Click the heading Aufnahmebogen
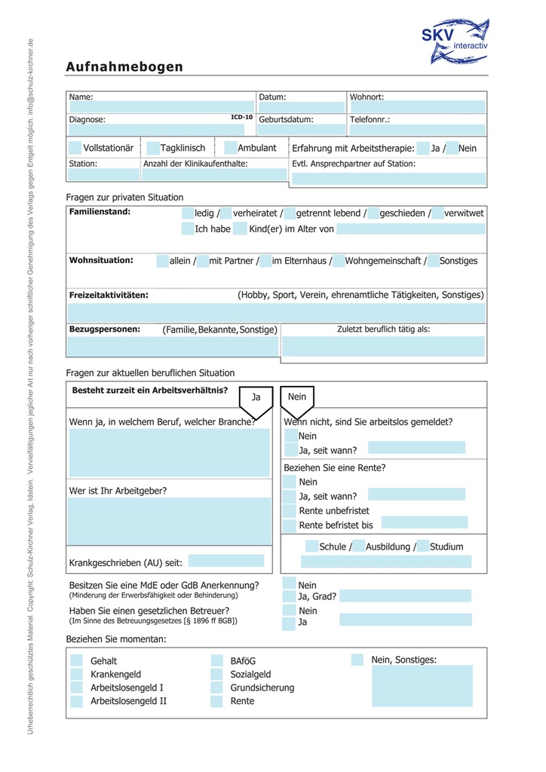[x=124, y=67]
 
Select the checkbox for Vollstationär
[x=75, y=148]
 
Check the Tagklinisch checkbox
[x=153, y=148]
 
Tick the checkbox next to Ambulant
[x=231, y=148]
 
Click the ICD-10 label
[x=241, y=118]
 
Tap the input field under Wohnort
[x=416, y=107]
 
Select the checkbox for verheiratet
[x=226, y=213]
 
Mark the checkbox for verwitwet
[x=437, y=213]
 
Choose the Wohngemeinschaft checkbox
[x=339, y=261]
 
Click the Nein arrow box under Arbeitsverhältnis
[x=297, y=400]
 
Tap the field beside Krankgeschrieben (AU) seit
[x=225, y=561]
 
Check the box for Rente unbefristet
[x=290, y=510]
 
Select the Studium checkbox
[x=422, y=547]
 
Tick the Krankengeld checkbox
[x=76, y=674]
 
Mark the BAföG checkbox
[x=216, y=660]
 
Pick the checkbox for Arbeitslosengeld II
[x=76, y=701]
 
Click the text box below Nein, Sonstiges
[x=422, y=685]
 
